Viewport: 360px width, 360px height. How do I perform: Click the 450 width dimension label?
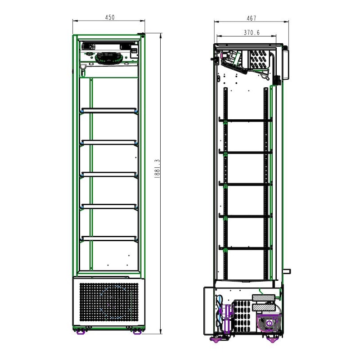click(x=110, y=18)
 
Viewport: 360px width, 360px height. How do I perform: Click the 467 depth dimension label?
click(x=252, y=18)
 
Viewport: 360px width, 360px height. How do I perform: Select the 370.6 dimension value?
click(x=252, y=32)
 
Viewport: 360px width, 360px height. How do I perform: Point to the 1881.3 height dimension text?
click(x=157, y=169)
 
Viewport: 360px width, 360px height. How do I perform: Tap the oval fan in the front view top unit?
click(x=108, y=58)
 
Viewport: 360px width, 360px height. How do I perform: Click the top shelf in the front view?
click(x=109, y=110)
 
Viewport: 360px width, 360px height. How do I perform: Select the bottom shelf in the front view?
click(x=109, y=238)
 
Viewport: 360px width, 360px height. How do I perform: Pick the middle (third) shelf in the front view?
click(x=109, y=175)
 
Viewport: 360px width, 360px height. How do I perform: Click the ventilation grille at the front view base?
click(x=109, y=302)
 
